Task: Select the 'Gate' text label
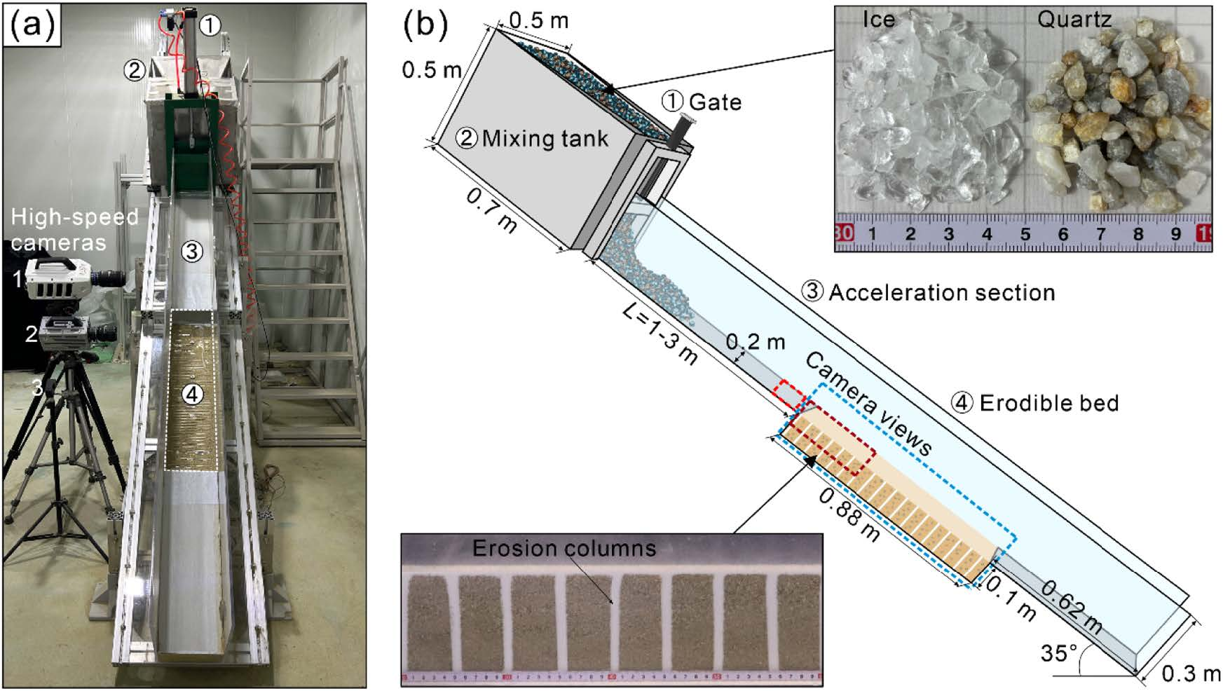(715, 102)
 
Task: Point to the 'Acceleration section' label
(941, 292)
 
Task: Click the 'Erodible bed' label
(1048, 403)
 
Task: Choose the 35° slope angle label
(1058, 654)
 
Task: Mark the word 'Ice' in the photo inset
(879, 20)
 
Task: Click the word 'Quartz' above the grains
(1074, 20)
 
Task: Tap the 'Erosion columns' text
(564, 547)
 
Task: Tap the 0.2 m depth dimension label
(756, 343)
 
